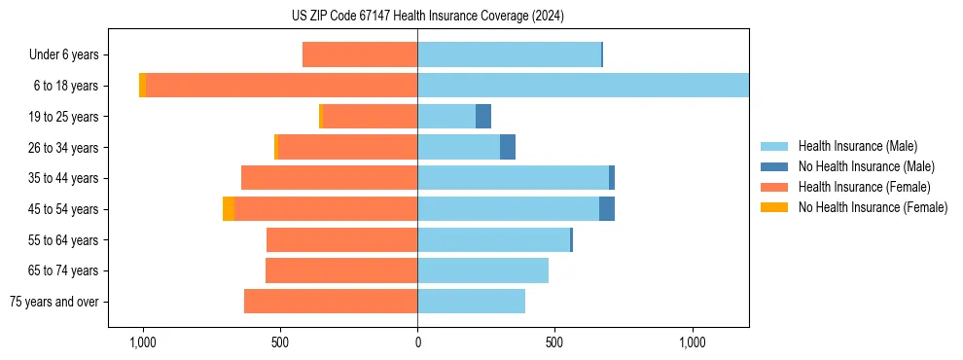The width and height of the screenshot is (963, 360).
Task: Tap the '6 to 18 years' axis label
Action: coord(65,86)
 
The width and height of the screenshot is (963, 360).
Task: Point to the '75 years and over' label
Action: coord(54,302)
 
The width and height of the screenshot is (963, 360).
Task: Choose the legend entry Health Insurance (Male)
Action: coord(857,146)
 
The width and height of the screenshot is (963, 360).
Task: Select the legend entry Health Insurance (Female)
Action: coord(864,187)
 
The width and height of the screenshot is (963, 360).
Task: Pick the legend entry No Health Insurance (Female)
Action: coord(873,207)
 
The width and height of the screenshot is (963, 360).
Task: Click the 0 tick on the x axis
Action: coord(417,342)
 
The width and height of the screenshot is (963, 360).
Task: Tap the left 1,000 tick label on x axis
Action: coord(142,342)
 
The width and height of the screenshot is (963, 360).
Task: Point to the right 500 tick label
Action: coord(554,342)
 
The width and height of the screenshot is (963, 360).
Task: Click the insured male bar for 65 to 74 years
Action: coord(482,270)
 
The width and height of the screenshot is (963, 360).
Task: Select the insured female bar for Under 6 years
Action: coord(360,54)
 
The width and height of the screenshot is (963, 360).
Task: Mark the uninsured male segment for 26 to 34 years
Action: coord(508,147)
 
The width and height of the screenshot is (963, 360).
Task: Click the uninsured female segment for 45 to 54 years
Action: coord(229,209)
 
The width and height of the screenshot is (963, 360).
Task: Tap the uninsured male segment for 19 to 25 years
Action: coord(483,117)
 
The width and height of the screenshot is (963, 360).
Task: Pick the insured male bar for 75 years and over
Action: coord(471,302)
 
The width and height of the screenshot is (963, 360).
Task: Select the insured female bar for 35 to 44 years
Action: coord(329,178)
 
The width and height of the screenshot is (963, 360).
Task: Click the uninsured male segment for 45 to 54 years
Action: coord(607,209)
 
